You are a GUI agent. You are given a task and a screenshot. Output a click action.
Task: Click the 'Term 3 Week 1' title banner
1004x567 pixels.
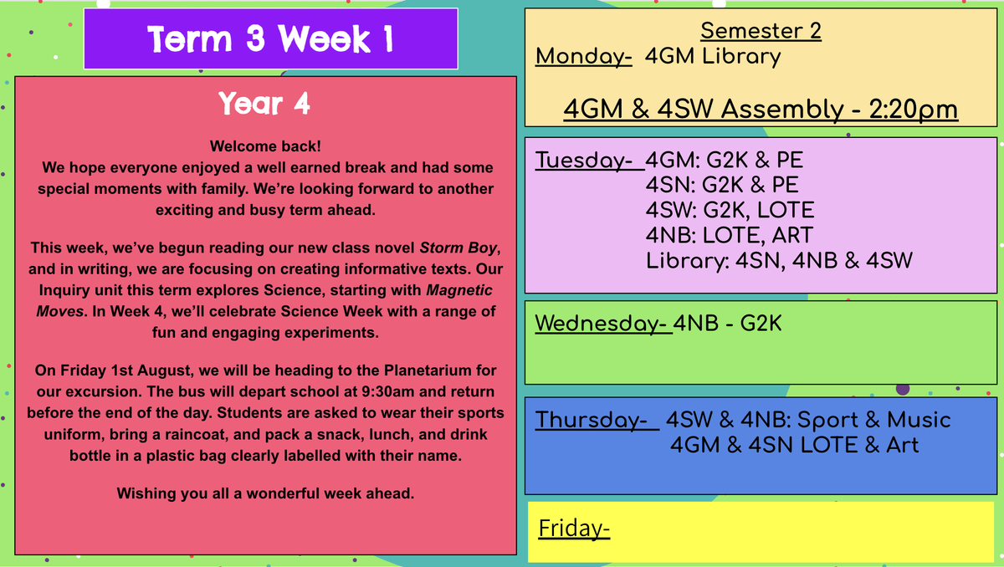271,39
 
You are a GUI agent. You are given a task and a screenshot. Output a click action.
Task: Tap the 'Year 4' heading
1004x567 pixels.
264,104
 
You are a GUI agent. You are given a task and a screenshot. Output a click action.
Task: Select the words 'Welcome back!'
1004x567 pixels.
265,146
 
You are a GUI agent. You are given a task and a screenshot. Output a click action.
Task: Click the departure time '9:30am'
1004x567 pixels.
387,391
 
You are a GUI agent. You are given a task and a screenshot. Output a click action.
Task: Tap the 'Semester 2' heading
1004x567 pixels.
761,31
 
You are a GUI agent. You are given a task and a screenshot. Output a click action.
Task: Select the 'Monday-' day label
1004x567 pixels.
584,57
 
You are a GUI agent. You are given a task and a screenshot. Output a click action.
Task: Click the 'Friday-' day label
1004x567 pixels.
574,529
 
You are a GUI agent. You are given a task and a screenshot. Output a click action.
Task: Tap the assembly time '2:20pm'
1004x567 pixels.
914,110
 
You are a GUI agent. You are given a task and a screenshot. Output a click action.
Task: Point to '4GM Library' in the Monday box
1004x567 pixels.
713,57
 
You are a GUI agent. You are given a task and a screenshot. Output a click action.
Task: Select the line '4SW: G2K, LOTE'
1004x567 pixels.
730,210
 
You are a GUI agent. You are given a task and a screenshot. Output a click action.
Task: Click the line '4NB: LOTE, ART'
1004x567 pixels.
730,235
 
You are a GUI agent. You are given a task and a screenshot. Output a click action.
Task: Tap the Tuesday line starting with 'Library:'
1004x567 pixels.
779,261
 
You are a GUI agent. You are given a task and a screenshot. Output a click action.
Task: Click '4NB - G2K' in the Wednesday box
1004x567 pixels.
727,324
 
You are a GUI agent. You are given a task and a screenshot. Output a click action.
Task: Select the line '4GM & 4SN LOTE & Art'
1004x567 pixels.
794,445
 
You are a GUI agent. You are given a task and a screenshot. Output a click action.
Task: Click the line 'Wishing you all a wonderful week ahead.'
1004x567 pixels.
265,493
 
